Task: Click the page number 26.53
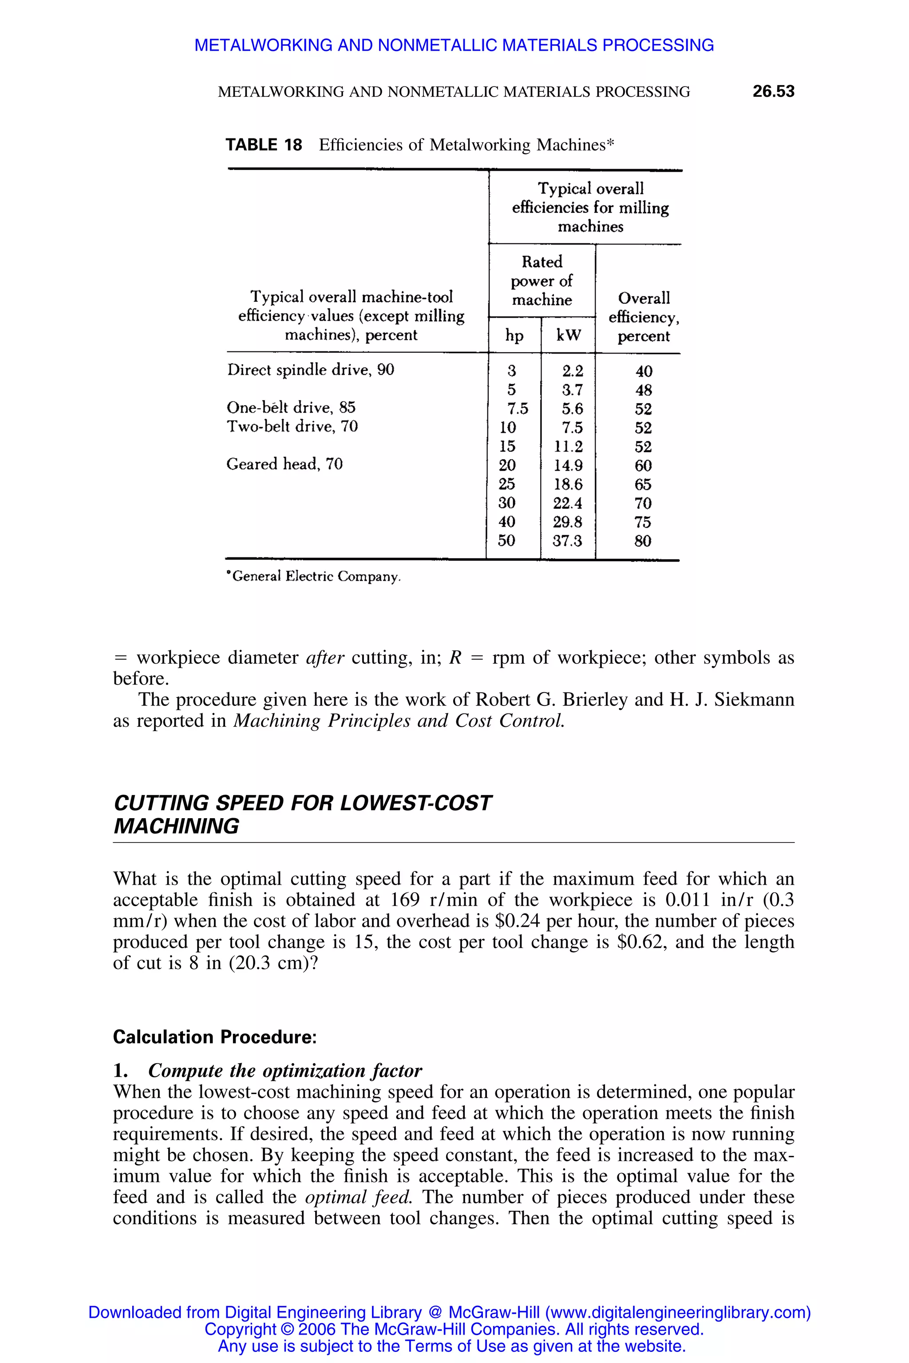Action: click(x=773, y=91)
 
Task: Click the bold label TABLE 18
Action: click(x=264, y=145)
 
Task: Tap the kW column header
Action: click(x=568, y=335)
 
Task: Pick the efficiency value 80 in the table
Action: click(x=642, y=541)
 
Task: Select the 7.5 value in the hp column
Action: click(x=517, y=409)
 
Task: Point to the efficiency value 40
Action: click(x=644, y=371)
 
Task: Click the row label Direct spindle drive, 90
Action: click(x=311, y=370)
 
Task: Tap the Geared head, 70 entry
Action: click(x=284, y=464)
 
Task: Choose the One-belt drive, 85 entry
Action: click(x=291, y=407)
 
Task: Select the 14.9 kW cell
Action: click(x=568, y=465)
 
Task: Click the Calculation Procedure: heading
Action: click(x=214, y=1037)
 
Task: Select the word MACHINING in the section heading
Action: click(x=176, y=827)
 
